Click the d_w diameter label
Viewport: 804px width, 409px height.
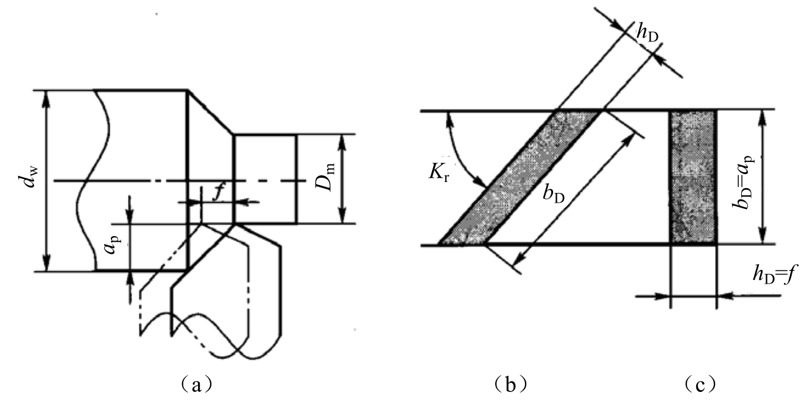coord(29,178)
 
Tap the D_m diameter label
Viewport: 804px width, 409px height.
coord(325,177)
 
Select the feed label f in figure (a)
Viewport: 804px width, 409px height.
coord(219,193)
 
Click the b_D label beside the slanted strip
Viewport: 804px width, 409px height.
coord(553,195)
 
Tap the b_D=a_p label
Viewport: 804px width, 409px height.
coord(743,182)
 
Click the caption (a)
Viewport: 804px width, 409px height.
coord(196,385)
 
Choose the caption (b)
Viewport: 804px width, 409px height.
coord(509,385)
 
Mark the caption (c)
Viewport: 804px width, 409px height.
coord(700,385)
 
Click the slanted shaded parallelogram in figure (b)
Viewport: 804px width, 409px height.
coord(520,178)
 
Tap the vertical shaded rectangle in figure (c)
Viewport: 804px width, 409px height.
coord(693,177)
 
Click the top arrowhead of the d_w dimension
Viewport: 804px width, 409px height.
coord(46,99)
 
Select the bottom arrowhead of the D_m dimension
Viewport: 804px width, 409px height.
coord(342,215)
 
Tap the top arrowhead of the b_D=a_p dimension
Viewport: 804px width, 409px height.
coord(763,119)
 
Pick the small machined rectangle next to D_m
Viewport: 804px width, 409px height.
coord(266,179)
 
